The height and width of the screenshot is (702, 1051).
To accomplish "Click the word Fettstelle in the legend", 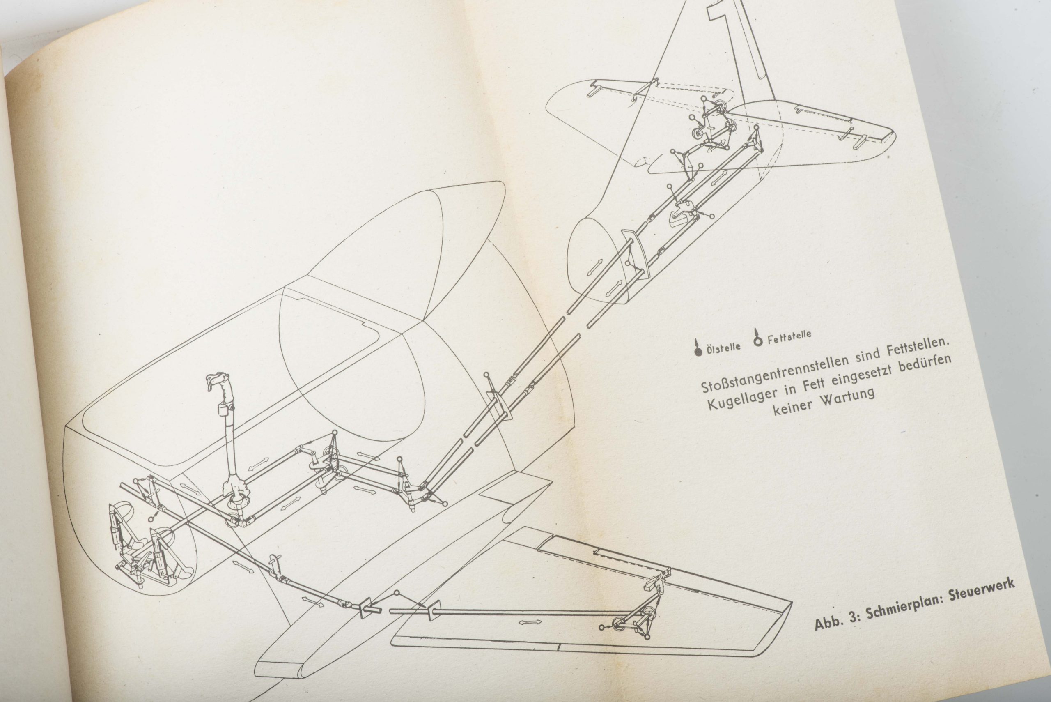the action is [789, 337].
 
